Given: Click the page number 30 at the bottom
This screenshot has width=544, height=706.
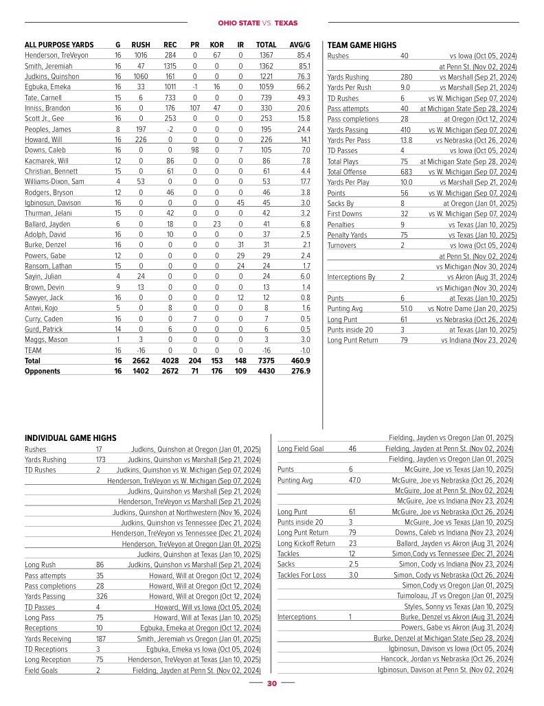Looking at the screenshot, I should [x=271, y=684].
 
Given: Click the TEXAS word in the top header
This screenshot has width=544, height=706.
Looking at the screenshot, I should [x=287, y=23].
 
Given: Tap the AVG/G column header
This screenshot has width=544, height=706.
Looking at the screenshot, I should [x=299, y=45].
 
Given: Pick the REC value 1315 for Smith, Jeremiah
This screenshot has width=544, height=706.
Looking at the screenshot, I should [x=170, y=66].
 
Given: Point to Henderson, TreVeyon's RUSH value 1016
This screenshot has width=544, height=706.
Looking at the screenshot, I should [x=141, y=56].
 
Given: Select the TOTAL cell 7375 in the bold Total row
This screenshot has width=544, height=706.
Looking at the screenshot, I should [x=266, y=361].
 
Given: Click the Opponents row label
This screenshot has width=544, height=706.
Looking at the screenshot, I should [x=43, y=371].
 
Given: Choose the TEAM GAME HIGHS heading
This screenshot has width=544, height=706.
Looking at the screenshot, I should [x=362, y=45].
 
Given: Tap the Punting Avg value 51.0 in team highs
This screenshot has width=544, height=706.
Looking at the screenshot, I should [x=407, y=308].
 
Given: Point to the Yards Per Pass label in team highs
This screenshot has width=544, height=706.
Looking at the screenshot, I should [x=349, y=140].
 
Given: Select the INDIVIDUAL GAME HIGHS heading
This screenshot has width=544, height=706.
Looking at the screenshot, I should [x=70, y=438].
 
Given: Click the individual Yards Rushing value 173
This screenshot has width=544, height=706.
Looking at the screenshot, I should [x=100, y=460].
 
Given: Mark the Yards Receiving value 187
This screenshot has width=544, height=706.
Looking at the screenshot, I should [x=101, y=639].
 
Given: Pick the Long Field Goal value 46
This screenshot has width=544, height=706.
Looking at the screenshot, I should [x=352, y=448].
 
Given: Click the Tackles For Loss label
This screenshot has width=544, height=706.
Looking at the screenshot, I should [x=302, y=575].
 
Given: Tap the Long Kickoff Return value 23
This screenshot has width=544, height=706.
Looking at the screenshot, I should [x=352, y=543].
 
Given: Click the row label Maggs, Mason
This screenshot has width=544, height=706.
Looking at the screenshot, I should [x=46, y=339].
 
